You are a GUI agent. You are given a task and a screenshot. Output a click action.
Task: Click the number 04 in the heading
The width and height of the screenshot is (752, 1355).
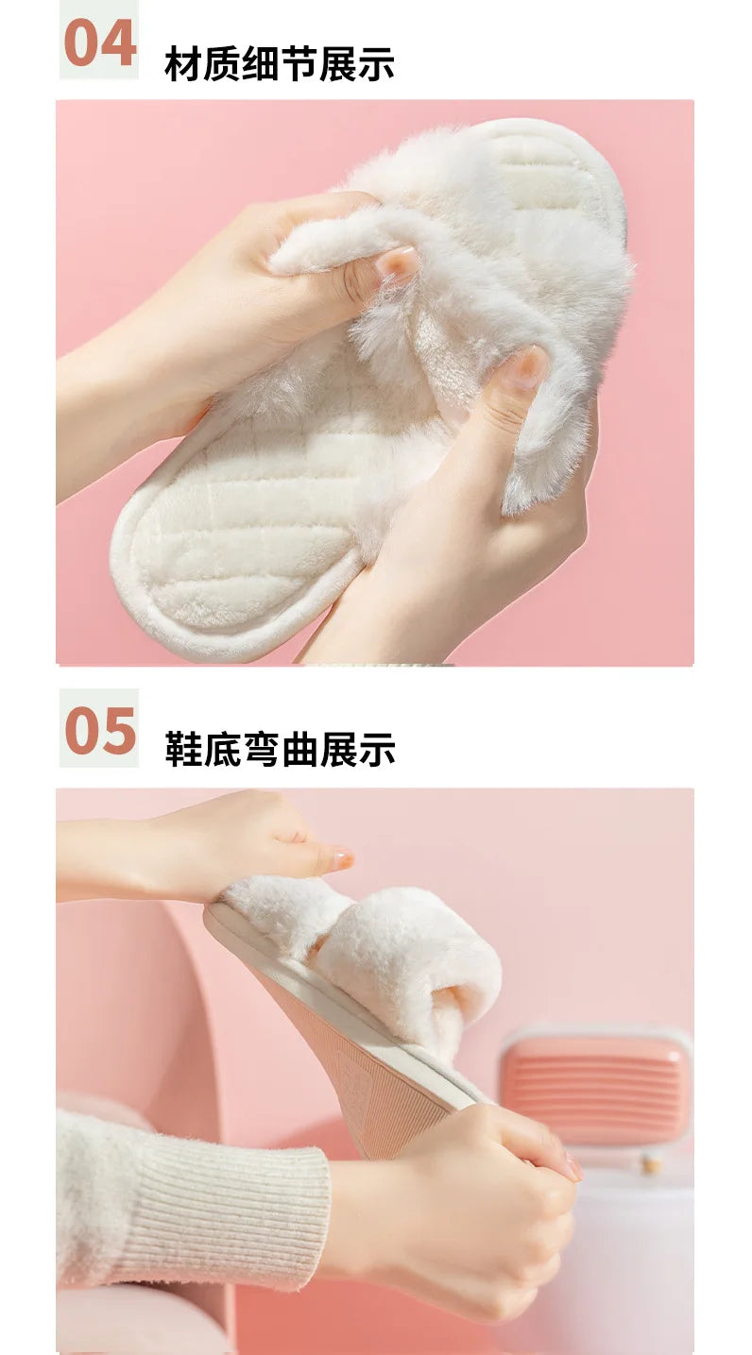[x=99, y=42]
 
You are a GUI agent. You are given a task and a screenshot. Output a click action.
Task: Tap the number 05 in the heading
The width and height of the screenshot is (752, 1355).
[x=99, y=730]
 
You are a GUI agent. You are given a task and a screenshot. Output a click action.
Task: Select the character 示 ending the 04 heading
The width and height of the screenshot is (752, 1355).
[x=377, y=64]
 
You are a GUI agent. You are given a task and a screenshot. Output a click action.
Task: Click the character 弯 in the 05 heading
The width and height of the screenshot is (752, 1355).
[x=280, y=750]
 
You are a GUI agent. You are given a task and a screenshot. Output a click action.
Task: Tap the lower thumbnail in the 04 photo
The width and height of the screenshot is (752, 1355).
[x=525, y=367]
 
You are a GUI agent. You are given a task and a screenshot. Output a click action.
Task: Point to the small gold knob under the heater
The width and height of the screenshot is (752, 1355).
[x=650, y=1164]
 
